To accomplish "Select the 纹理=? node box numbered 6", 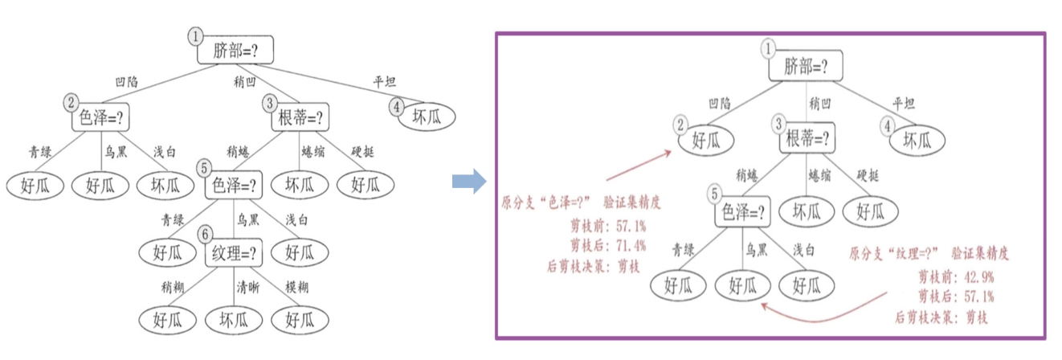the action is click(235, 255).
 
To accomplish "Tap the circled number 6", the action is click(206, 234).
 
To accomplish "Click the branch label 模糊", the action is click(296, 285).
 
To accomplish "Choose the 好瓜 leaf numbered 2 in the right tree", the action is click(708, 141).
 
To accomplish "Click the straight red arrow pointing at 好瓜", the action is click(639, 164).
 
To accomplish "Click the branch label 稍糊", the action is click(172, 285).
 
